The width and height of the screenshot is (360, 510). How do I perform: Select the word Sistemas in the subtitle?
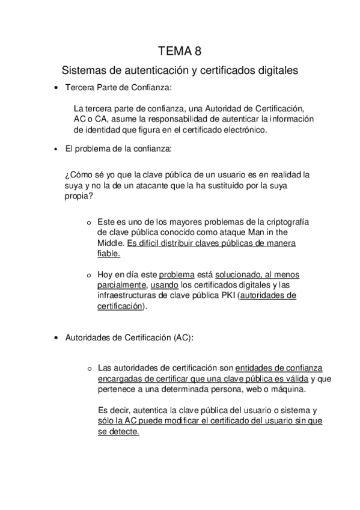click(x=83, y=71)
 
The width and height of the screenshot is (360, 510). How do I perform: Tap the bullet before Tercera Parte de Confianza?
click(x=55, y=88)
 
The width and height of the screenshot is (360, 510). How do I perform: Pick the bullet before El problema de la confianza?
click(x=55, y=148)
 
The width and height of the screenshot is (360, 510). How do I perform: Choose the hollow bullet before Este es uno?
click(x=90, y=222)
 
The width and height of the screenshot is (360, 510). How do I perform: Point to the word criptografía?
click(x=284, y=221)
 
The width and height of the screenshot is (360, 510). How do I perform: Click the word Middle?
click(x=111, y=243)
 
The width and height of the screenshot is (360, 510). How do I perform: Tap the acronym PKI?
click(x=228, y=295)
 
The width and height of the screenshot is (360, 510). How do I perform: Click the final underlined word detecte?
click(x=124, y=432)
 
